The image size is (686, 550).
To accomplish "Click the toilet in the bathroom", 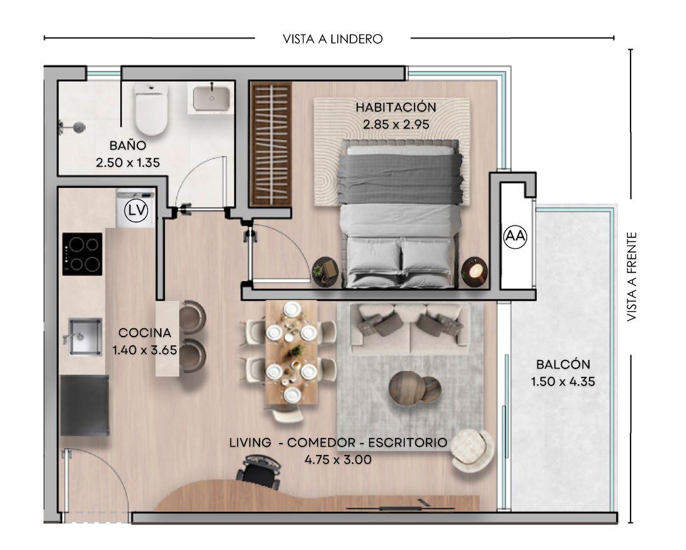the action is [x=151, y=109].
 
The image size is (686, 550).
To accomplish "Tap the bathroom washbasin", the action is [x=212, y=98].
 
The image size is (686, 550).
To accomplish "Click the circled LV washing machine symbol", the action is [x=136, y=210].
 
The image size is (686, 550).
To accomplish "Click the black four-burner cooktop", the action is [x=83, y=255].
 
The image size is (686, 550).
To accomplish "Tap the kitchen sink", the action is [x=84, y=336].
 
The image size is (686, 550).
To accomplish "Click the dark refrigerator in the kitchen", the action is [x=84, y=405].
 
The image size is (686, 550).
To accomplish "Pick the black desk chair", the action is [x=259, y=471].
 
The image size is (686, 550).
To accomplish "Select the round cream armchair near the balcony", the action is [x=472, y=450].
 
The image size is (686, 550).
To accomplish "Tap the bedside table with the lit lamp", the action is [x=475, y=272].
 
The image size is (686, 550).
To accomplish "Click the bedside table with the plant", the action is [x=325, y=272].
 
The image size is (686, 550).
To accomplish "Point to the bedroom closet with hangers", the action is [x=270, y=144].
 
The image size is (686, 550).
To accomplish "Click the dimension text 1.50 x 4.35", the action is [x=563, y=382].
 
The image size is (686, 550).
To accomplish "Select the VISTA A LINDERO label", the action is [x=333, y=39].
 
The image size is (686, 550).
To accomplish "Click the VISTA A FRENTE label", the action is [x=631, y=277].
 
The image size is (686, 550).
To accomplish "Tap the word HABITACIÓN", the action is [x=396, y=107].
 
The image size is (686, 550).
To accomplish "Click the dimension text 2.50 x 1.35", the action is [x=128, y=163].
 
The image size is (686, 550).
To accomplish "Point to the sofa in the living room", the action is [x=409, y=329].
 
